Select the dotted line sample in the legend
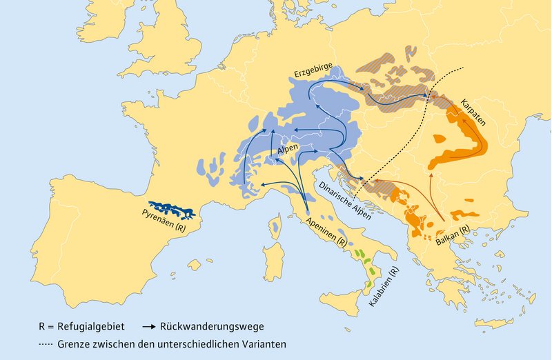[x=53, y=343]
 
